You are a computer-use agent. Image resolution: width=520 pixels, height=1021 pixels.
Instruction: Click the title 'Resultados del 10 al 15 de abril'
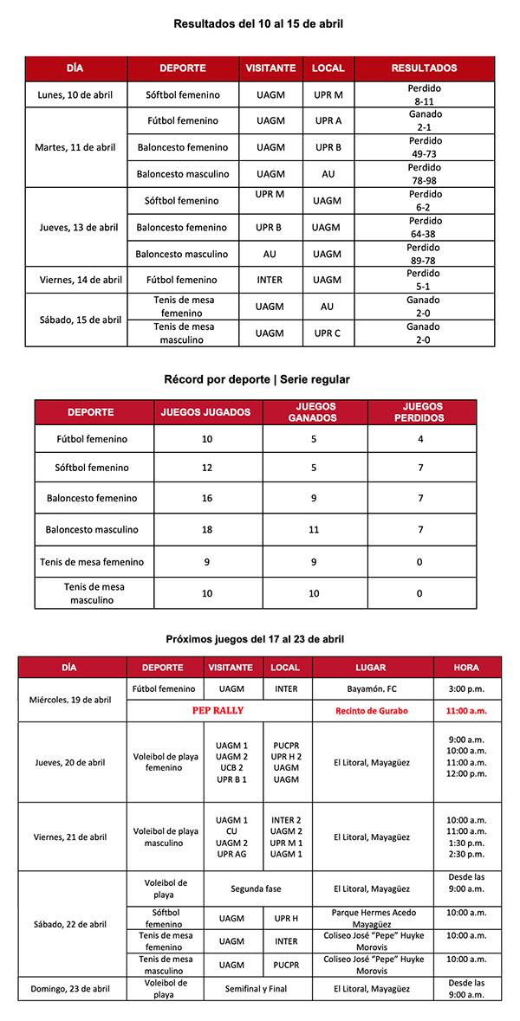pyautogui.click(x=258, y=24)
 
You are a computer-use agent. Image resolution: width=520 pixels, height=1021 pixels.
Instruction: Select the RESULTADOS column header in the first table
pyautogui.click(x=424, y=68)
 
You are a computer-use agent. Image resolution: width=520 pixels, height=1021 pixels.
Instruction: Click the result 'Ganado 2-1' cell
pyautogui.click(x=424, y=120)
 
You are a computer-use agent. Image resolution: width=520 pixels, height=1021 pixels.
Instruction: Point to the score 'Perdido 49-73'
pyautogui.click(x=424, y=147)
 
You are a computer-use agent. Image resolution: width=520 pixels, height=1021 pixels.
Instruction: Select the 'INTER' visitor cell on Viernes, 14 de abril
pyautogui.click(x=270, y=280)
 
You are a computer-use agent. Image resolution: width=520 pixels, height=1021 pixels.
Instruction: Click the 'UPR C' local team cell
pyautogui.click(x=328, y=333)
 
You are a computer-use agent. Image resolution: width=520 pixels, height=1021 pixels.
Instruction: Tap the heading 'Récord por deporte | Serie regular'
pyautogui.click(x=257, y=379)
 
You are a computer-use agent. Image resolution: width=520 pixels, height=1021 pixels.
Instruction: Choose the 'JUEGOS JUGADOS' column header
pyautogui.click(x=206, y=412)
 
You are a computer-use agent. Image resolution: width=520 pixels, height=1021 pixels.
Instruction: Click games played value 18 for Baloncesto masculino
pyautogui.click(x=206, y=529)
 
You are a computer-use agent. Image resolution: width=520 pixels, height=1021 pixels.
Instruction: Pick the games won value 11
pyautogui.click(x=315, y=529)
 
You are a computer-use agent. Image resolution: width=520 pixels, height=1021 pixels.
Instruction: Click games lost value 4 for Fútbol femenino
pyautogui.click(x=421, y=439)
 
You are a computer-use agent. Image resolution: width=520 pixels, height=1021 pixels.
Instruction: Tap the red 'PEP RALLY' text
pyautogui.click(x=218, y=710)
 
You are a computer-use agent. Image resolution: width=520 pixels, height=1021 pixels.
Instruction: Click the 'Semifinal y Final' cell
pyautogui.click(x=255, y=988)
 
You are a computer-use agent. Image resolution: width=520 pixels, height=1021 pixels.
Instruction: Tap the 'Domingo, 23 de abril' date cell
pyautogui.click(x=72, y=988)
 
